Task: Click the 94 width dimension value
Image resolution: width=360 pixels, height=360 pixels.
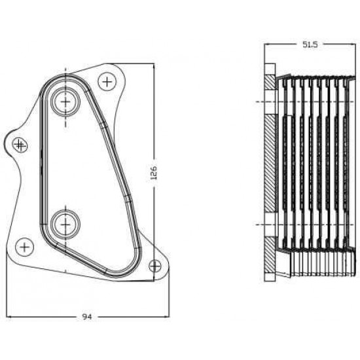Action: (87, 317)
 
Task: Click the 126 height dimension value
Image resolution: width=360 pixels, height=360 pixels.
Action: (153, 172)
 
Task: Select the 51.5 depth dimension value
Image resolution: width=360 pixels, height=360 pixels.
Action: (310, 45)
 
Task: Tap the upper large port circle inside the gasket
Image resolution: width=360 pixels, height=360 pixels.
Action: (65, 101)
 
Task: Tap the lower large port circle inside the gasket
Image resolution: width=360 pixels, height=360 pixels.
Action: (65, 225)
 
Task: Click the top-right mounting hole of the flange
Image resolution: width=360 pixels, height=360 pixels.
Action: (107, 82)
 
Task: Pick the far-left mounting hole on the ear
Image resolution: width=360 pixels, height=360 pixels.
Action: (20, 145)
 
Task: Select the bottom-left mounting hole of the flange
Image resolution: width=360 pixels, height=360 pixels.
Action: (25, 247)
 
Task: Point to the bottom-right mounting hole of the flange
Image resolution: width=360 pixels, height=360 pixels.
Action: (155, 266)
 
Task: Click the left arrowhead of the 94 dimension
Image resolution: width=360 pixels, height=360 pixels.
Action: (9, 317)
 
